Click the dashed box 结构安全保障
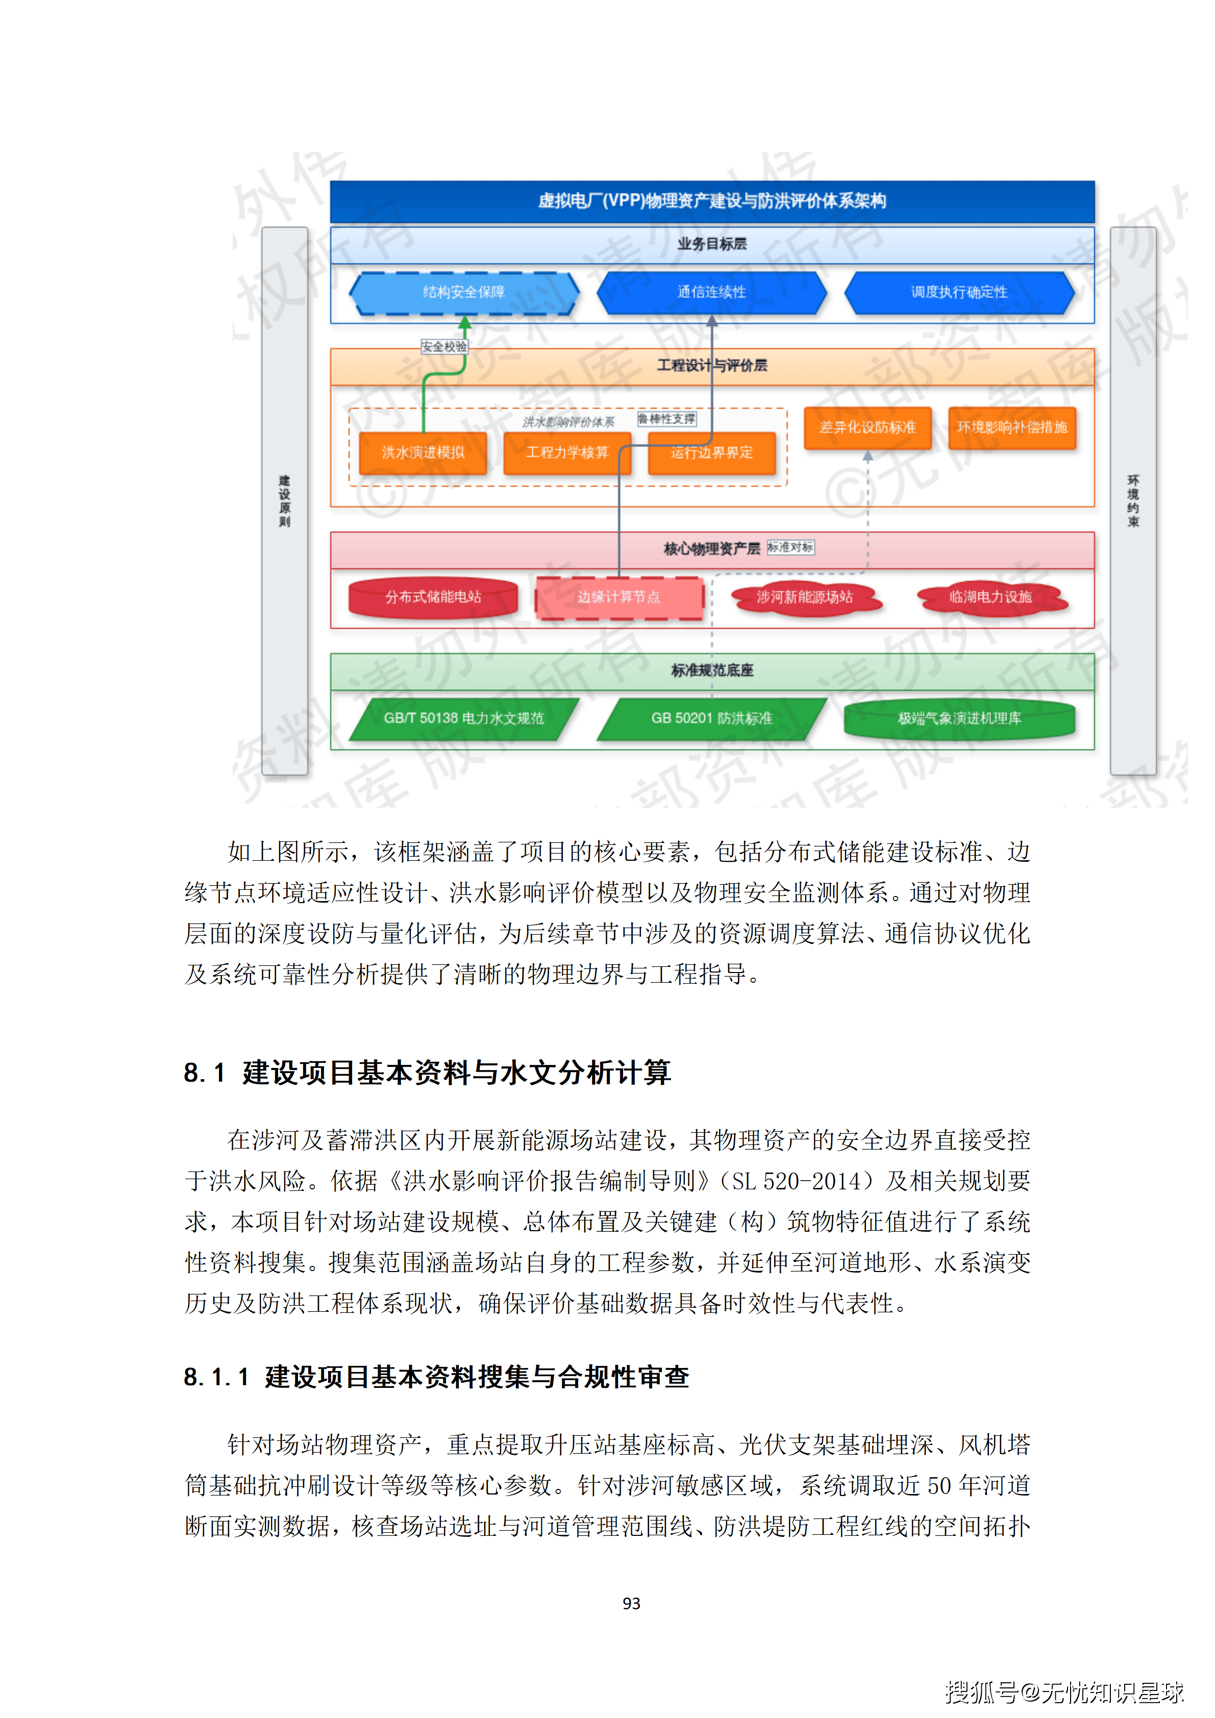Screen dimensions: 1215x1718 point(464,292)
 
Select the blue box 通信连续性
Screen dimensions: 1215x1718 point(711,292)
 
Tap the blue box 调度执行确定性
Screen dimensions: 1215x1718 point(959,292)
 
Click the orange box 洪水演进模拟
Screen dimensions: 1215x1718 point(423,453)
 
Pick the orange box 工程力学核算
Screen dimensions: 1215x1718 point(566,453)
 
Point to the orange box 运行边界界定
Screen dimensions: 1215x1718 point(711,453)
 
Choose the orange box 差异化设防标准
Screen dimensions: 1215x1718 point(867,427)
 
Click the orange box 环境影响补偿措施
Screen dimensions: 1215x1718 point(1011,427)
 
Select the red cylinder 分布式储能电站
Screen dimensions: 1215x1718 point(433,597)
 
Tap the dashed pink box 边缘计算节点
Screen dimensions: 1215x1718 point(618,597)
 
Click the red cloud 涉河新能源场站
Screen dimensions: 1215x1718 point(804,597)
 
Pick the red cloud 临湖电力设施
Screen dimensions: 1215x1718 point(990,597)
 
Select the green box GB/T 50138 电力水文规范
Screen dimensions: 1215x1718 point(464,718)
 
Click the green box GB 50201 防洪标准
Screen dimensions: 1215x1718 point(711,718)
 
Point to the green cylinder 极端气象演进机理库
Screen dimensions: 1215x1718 point(959,718)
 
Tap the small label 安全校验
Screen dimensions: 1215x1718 point(443,346)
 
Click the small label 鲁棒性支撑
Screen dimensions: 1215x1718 point(666,419)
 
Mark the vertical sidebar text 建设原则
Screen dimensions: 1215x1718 point(284,501)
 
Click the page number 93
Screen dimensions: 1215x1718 point(631,1603)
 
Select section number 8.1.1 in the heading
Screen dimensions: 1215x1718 point(215,1377)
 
